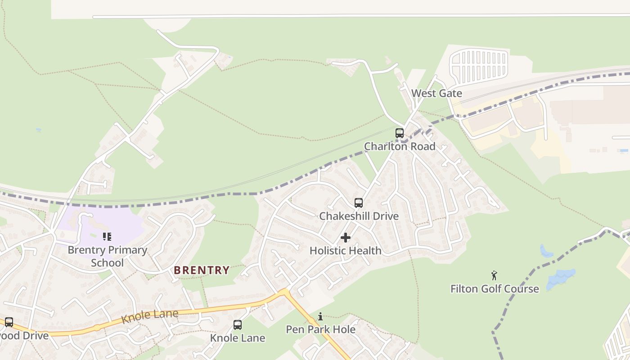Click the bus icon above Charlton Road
pyautogui.click(x=399, y=133)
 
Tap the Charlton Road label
pyautogui.click(x=399, y=146)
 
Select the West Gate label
pyautogui.click(x=436, y=93)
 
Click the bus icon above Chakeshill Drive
pyautogui.click(x=358, y=203)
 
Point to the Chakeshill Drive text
pyautogui.click(x=359, y=216)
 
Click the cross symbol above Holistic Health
pyautogui.click(x=346, y=238)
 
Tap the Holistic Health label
pyautogui.click(x=345, y=251)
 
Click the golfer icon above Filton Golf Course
pyautogui.click(x=494, y=275)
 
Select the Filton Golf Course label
pyautogui.click(x=495, y=289)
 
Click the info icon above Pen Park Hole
pyautogui.click(x=320, y=316)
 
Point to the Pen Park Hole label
pyautogui.click(x=320, y=329)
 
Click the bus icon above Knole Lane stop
pyautogui.click(x=238, y=324)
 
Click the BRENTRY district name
pyautogui.click(x=202, y=270)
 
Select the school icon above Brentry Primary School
pyautogui.click(x=107, y=237)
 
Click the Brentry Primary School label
pyautogui.click(x=107, y=256)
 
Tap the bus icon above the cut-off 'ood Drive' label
pyautogui.click(x=9, y=322)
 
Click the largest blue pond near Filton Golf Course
pyautogui.click(x=561, y=279)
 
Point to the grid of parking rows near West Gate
pyautogui.click(x=479, y=66)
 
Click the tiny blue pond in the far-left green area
pyautogui.click(x=39, y=130)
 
